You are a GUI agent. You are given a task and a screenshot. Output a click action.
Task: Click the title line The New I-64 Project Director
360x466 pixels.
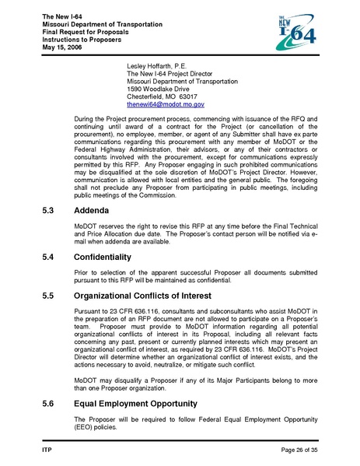pos(176,73)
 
